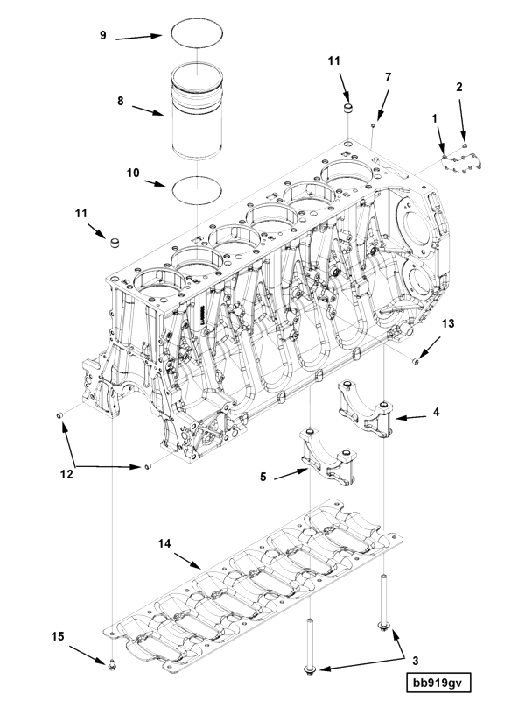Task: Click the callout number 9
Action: click(x=102, y=35)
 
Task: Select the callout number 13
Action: click(x=448, y=325)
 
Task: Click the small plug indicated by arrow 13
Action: click(x=417, y=359)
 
